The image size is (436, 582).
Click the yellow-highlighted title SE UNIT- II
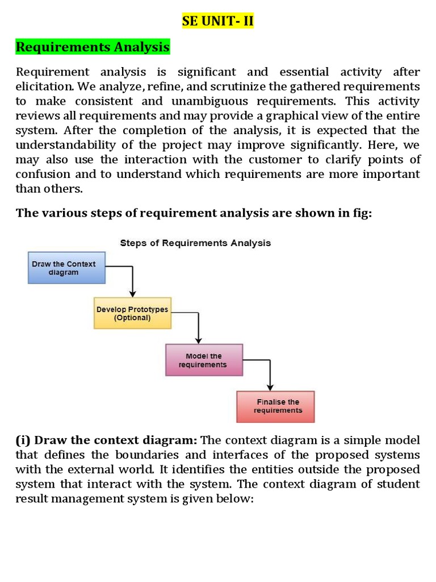tap(217, 22)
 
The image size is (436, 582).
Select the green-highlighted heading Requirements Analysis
tap(93, 47)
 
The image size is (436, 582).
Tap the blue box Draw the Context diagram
tap(67, 268)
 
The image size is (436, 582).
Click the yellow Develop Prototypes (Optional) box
tap(132, 313)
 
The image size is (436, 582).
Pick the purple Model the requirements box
tap(203, 360)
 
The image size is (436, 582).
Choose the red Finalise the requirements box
tap(275, 406)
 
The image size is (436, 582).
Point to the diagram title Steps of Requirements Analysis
tap(195, 243)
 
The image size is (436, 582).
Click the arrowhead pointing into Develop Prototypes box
tap(132, 294)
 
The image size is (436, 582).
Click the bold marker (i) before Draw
tap(23, 440)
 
